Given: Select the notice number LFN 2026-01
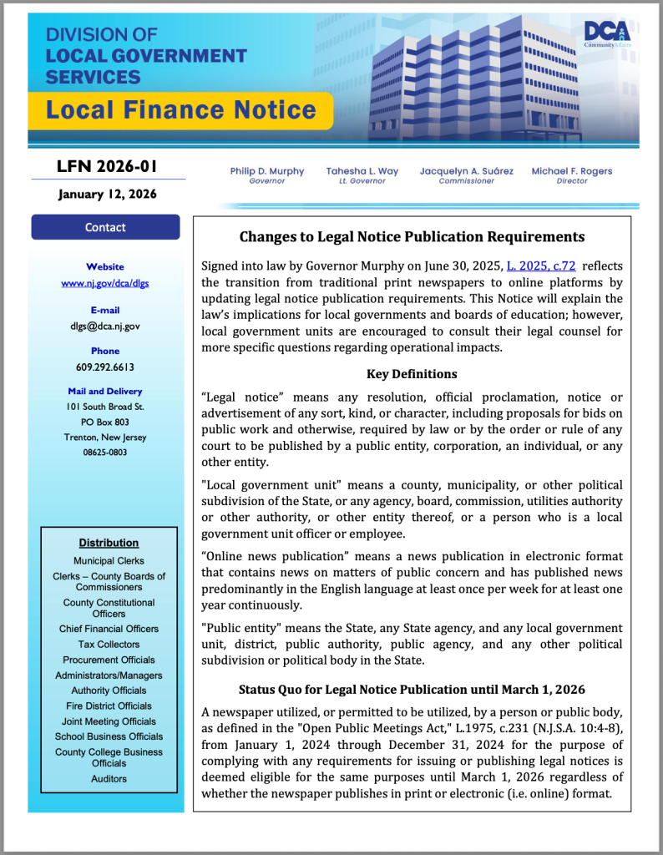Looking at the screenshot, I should [107, 167].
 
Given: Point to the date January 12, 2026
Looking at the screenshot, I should [107, 195].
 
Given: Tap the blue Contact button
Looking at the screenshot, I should [105, 227].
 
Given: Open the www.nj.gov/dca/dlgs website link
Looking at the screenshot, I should [105, 283].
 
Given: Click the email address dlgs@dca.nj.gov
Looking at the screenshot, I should [105, 326].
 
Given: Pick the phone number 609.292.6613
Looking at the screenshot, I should [105, 367].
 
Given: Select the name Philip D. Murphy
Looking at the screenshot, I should [267, 171].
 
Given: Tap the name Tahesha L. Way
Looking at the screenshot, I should [362, 171].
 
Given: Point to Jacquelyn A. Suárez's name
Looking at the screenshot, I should [467, 171].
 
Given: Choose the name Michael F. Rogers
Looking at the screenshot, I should [572, 171].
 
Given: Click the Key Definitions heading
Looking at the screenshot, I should [412, 374].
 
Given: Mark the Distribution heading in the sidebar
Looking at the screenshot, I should [109, 543].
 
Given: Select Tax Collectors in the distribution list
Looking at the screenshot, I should [109, 645].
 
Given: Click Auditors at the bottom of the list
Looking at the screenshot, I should [109, 779].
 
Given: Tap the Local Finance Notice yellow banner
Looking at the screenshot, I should [180, 110].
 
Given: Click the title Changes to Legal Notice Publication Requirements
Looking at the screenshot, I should [412, 237].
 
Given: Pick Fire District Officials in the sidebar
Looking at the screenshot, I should [109, 706].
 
